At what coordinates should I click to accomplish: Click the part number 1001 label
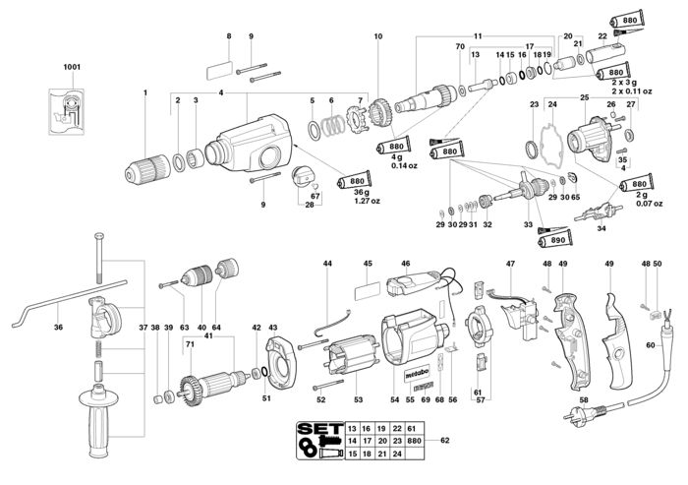coord(72,67)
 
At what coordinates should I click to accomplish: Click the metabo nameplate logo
coord(416,374)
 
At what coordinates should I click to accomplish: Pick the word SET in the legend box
coord(319,428)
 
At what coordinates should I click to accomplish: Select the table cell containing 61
coord(411,428)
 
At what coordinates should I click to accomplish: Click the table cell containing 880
coord(414,441)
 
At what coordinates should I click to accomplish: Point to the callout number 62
coord(445,440)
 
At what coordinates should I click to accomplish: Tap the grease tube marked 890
coord(555,240)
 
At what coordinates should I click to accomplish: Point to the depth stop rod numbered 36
coord(68,303)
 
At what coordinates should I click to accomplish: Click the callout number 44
coord(327,264)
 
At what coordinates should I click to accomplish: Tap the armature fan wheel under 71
coord(190,390)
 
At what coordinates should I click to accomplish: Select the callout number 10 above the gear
coord(378,36)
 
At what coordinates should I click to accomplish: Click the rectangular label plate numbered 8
coord(219,70)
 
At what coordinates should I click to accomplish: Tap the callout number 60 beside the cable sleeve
coord(651,345)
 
